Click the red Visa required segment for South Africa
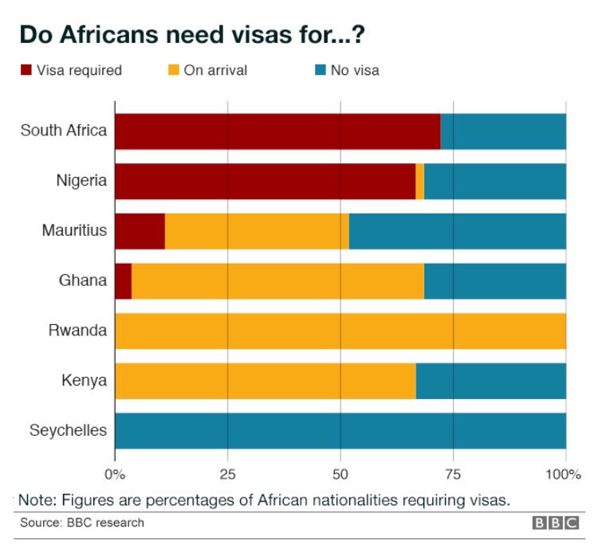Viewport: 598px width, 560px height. click(x=277, y=131)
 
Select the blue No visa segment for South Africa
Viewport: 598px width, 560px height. click(x=503, y=131)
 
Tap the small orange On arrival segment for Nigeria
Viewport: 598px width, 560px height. click(x=419, y=182)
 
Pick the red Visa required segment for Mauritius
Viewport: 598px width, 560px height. click(x=140, y=232)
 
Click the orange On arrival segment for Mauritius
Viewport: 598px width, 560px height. click(x=257, y=232)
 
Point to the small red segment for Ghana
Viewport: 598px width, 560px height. click(x=123, y=281)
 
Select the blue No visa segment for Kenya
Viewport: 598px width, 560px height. click(x=490, y=381)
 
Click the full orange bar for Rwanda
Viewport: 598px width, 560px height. click(x=340, y=331)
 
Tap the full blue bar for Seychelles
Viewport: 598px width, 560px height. click(x=340, y=431)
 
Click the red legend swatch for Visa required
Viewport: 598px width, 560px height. click(x=26, y=71)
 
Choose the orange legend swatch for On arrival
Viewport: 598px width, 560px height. click(x=173, y=71)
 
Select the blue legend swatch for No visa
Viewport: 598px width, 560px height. click(x=321, y=71)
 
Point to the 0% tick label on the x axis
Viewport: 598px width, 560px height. click(x=116, y=476)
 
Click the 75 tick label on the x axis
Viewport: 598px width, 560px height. click(x=453, y=476)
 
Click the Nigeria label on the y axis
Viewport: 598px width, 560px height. click(x=81, y=181)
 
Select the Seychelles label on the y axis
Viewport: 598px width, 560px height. click(x=68, y=431)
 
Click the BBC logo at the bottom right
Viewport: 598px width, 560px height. click(x=556, y=523)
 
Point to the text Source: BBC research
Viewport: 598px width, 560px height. click(x=82, y=523)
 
